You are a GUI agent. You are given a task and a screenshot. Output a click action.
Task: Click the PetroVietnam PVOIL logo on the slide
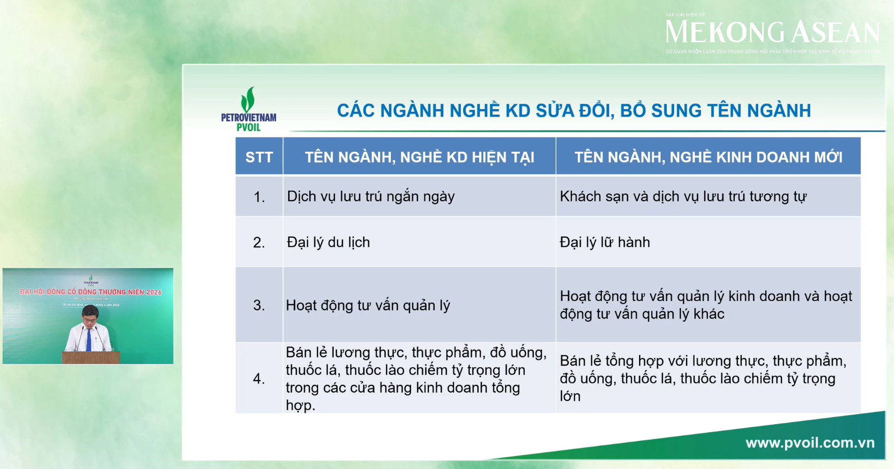[248, 109]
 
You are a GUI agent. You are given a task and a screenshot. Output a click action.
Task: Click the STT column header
[259, 157]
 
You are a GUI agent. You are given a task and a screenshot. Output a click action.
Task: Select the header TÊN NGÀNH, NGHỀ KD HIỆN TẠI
[419, 157]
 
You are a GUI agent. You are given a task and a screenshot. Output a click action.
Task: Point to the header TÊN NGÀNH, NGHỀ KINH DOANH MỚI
[708, 157]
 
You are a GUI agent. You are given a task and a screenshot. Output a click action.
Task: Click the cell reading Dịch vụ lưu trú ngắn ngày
[370, 197]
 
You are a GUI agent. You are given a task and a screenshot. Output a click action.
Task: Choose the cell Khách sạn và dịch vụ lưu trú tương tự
[682, 197]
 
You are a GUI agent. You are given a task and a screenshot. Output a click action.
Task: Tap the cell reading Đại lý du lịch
[328, 242]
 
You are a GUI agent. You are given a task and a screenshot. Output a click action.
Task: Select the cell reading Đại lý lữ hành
[604, 242]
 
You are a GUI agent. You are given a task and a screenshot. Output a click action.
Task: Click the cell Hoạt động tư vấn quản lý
[368, 306]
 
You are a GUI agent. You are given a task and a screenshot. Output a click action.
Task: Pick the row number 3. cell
[259, 306]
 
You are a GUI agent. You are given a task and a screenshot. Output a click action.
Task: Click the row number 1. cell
[259, 197]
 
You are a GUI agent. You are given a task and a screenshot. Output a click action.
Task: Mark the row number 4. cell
[259, 379]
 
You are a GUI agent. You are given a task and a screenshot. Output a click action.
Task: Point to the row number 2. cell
[259, 242]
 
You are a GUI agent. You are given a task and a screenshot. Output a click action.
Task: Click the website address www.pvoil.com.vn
[810, 443]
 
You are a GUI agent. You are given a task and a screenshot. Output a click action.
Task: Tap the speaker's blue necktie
[89, 340]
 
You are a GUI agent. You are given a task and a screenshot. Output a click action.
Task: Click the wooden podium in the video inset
[91, 357]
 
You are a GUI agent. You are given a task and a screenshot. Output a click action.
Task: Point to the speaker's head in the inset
[90, 315]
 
